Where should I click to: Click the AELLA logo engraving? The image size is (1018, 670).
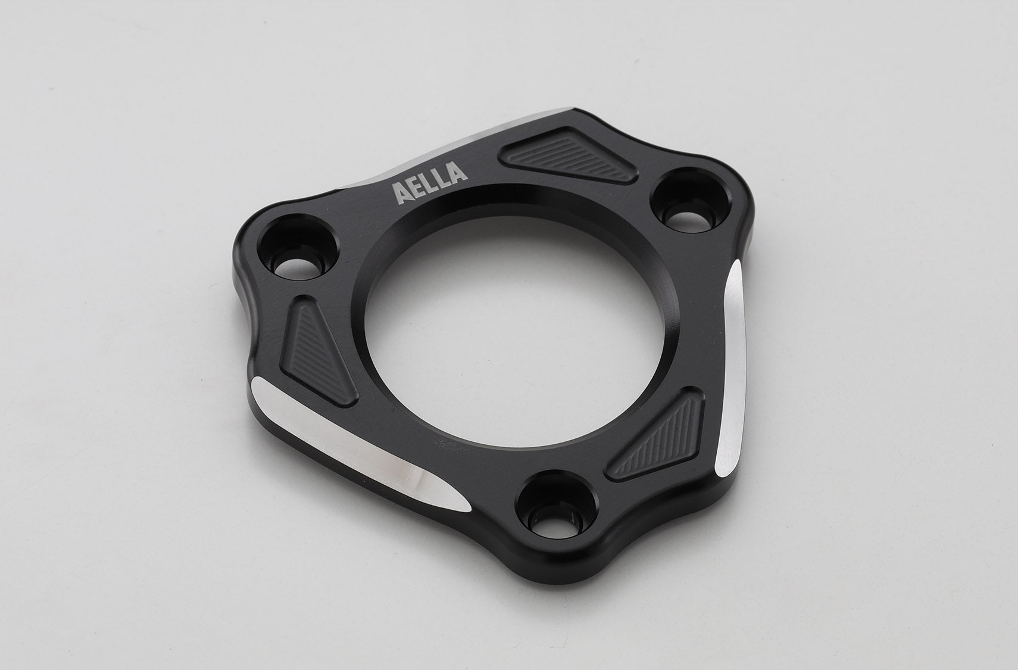tap(429, 183)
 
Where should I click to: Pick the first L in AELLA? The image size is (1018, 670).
tap(432, 183)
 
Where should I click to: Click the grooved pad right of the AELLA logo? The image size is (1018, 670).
tap(567, 154)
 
